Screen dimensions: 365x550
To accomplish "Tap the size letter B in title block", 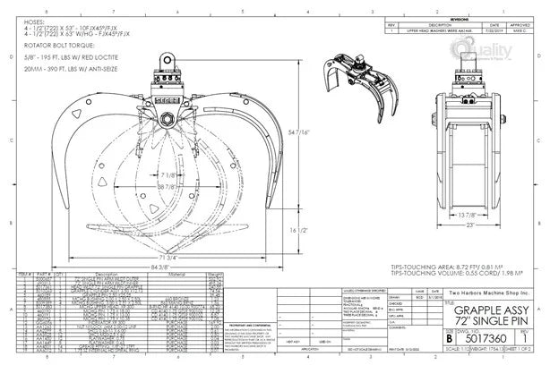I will click(448, 339).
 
